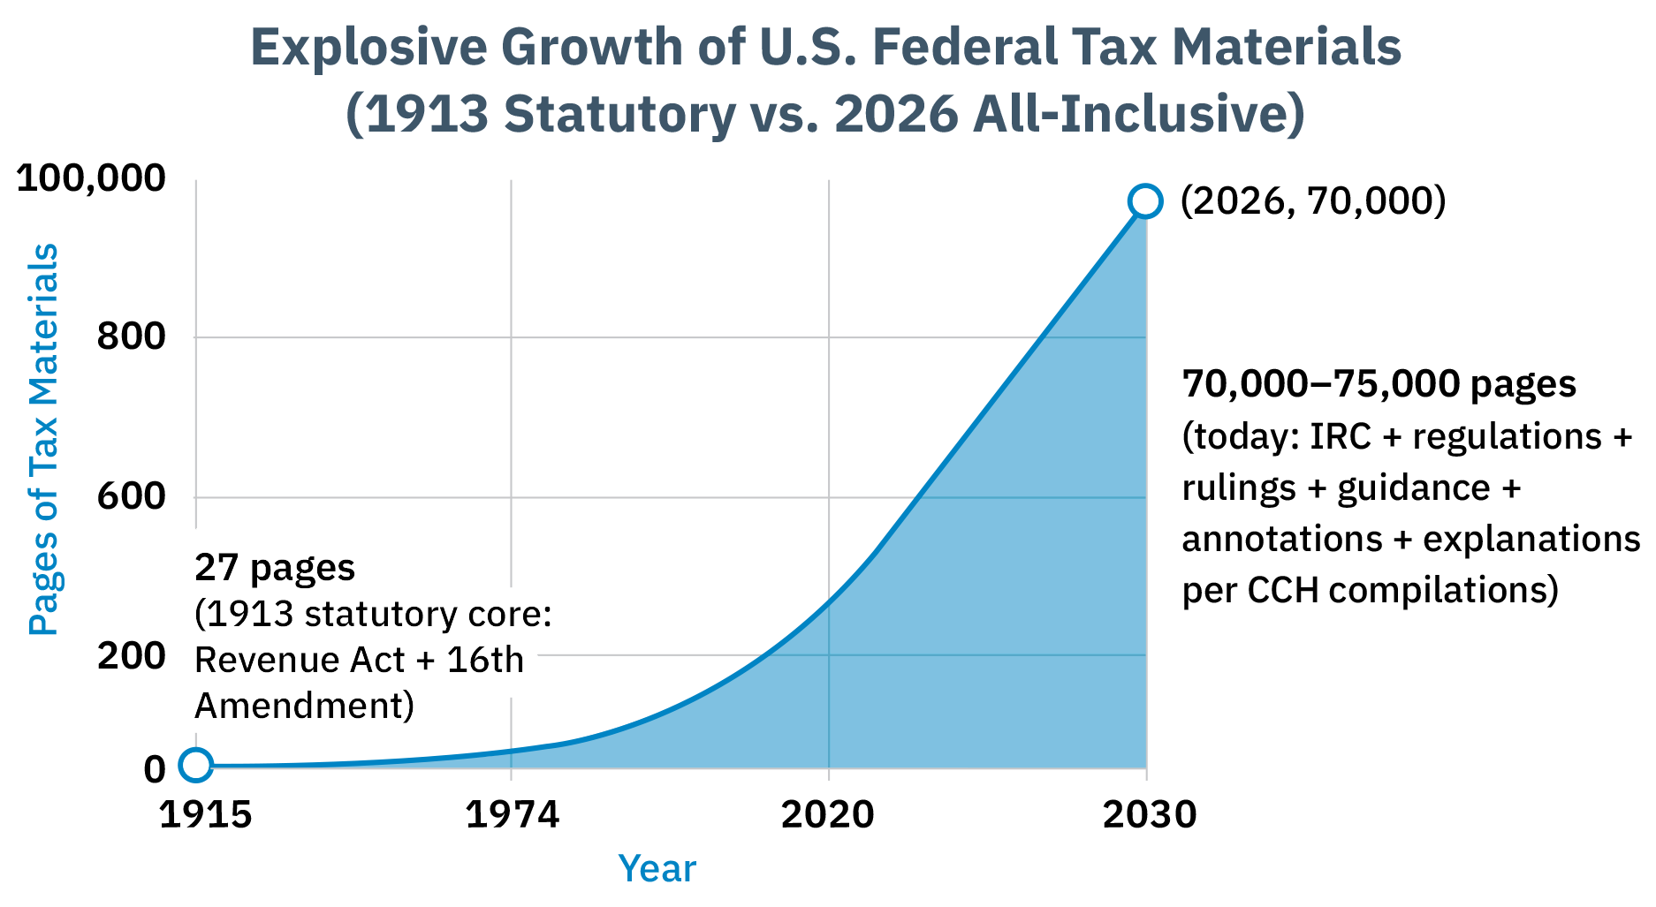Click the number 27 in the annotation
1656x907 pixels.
click(213, 568)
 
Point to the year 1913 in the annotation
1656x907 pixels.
click(247, 614)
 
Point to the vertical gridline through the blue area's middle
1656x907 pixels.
click(829, 707)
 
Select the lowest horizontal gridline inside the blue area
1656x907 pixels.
click(972, 655)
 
